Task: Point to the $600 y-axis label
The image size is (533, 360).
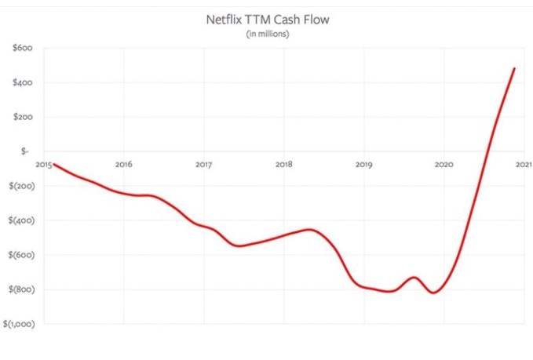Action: (x=21, y=49)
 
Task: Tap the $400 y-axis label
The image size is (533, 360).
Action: (x=21, y=83)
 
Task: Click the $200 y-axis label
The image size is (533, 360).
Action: (x=21, y=118)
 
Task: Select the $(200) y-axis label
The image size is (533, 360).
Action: (x=18, y=186)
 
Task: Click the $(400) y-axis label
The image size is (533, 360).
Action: (x=18, y=220)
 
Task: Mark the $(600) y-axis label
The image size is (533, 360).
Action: (x=18, y=255)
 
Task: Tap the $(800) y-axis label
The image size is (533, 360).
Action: (x=18, y=289)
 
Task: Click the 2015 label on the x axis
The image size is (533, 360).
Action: (x=43, y=165)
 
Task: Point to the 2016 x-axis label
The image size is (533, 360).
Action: (x=123, y=165)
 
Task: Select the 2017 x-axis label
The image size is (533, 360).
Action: (x=203, y=165)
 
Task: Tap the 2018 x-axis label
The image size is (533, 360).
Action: (x=283, y=165)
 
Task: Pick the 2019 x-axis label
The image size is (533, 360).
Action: (x=363, y=165)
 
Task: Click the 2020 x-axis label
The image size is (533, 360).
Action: (x=444, y=165)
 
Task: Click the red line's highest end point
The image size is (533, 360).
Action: (x=514, y=68)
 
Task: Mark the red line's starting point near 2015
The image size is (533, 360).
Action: (x=53, y=165)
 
